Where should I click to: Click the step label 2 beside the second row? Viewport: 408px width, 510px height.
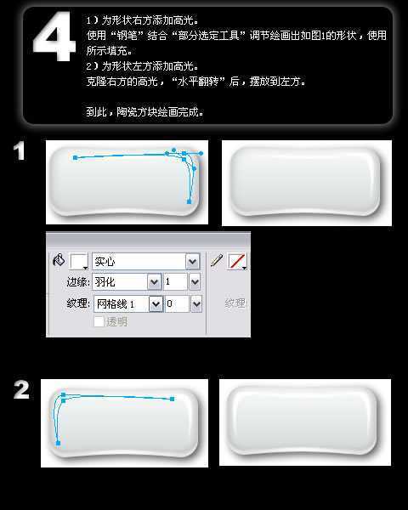pyautogui.click(x=21, y=390)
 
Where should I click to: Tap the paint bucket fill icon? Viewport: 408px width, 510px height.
pyautogui.click(x=59, y=261)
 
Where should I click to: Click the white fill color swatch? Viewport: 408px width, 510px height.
pyautogui.click(x=78, y=262)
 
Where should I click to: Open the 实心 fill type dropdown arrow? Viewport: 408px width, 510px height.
pyautogui.click(x=192, y=262)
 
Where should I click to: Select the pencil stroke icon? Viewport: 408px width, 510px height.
pyautogui.click(x=217, y=261)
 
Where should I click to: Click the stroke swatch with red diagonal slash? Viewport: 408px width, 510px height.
pyautogui.click(x=237, y=262)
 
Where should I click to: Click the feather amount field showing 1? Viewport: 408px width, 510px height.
pyautogui.click(x=175, y=281)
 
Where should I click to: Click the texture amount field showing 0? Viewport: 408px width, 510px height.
pyautogui.click(x=176, y=303)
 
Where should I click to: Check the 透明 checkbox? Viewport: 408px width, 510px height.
pyautogui.click(x=99, y=322)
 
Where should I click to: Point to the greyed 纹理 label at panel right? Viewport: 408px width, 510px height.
pyautogui.click(x=235, y=303)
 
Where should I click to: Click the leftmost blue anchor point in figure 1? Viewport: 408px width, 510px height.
pyautogui.click(x=76, y=157)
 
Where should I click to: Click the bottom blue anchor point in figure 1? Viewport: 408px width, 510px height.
pyautogui.click(x=189, y=201)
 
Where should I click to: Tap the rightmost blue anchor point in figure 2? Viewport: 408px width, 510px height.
pyautogui.click(x=173, y=398)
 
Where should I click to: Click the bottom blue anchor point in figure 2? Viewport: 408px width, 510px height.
pyautogui.click(x=58, y=443)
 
